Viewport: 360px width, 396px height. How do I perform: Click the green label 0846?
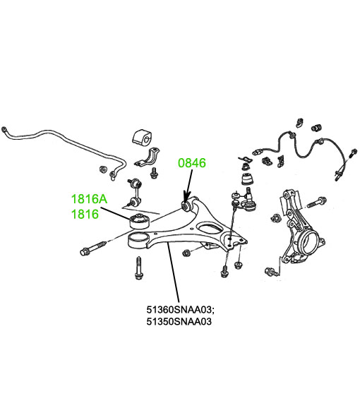tap(192, 163)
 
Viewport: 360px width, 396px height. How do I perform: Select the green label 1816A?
tap(89, 199)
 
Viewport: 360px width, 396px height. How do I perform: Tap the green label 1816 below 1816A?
tap(85, 214)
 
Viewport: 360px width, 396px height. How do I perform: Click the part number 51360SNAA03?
tap(180, 309)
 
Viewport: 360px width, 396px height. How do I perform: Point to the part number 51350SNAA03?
tap(179, 321)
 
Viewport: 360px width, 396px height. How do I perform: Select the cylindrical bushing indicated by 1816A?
tap(140, 222)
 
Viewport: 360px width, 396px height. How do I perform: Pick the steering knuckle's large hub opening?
tap(308, 241)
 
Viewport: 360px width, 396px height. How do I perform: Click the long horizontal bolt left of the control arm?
tap(93, 248)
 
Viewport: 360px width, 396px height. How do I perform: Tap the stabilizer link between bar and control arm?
tap(133, 191)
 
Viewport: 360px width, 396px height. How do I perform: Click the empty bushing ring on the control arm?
tap(138, 241)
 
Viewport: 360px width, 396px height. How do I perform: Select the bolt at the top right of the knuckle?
tap(316, 203)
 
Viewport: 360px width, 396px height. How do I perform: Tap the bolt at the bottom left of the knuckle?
tap(272, 272)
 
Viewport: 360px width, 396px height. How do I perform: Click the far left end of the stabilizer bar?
tap(4, 130)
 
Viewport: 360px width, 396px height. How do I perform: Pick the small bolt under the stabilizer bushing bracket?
tap(154, 173)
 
